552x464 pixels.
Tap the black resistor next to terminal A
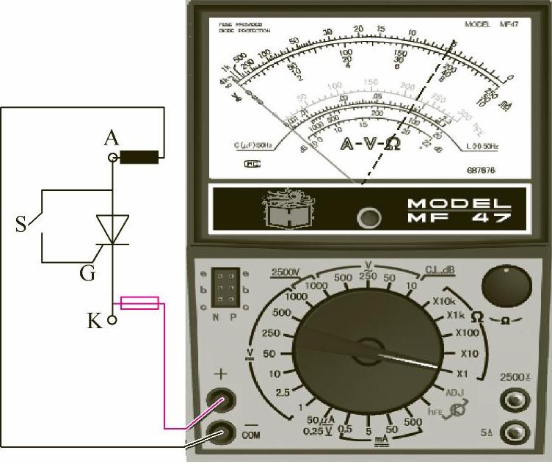(139, 156)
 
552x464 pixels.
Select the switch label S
(22, 224)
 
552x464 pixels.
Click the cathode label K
(94, 321)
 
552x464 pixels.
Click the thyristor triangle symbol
(112, 229)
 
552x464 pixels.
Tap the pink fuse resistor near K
(139, 302)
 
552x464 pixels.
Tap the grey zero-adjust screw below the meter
(368, 217)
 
